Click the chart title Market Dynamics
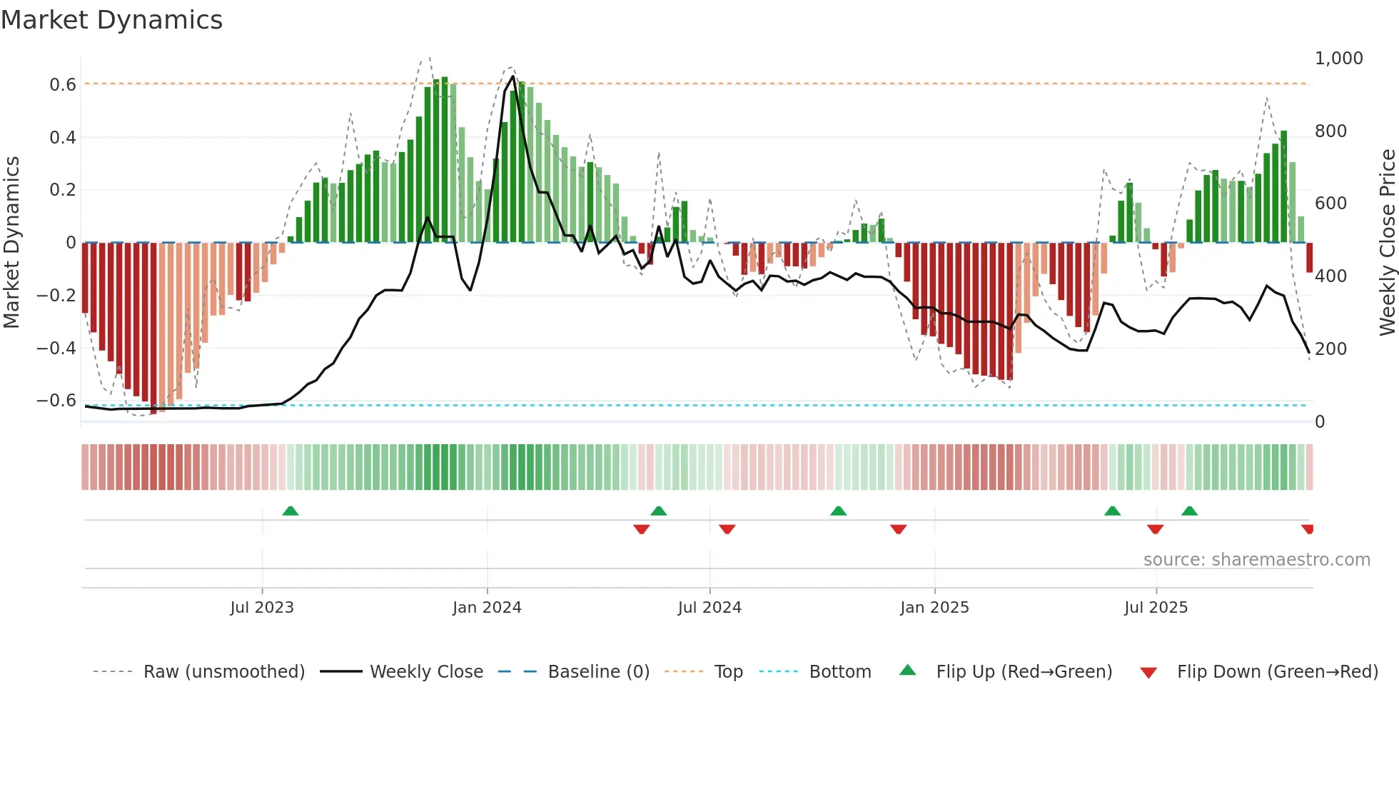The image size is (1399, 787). coord(111,20)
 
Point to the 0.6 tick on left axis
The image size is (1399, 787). coord(63,85)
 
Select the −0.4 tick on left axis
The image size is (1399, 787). coord(56,349)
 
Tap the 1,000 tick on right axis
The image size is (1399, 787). coord(1338,59)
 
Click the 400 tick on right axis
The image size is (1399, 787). coord(1330,276)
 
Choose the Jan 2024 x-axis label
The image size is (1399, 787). coord(487,608)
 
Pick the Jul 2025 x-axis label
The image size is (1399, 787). coord(1156,608)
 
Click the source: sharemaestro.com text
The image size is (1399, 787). coord(1256,560)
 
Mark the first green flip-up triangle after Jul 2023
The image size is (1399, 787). coord(291,511)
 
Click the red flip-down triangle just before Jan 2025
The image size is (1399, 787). coord(898,529)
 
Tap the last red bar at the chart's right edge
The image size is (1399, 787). coord(1309,258)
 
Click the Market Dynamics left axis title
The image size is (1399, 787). coord(11,243)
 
